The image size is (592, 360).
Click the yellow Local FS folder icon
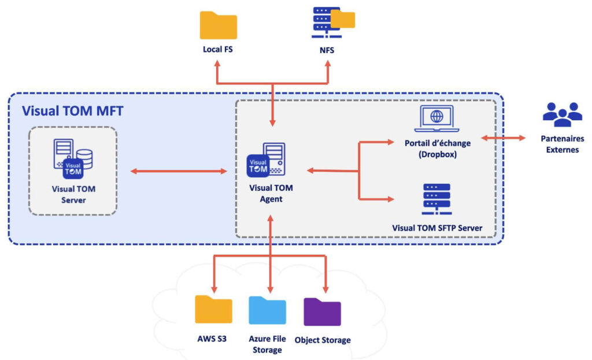218,25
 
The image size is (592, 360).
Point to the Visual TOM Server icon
73,157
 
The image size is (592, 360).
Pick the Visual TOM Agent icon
265,159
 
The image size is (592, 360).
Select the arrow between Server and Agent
178,171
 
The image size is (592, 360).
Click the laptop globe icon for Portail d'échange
436,118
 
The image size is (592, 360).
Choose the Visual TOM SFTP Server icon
436,199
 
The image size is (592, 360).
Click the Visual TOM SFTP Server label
436,228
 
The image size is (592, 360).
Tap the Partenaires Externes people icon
562,115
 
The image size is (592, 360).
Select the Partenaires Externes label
562,144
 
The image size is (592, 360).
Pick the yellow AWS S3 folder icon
213,310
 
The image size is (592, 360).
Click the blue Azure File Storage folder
267,310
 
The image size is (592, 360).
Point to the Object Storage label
322,340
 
